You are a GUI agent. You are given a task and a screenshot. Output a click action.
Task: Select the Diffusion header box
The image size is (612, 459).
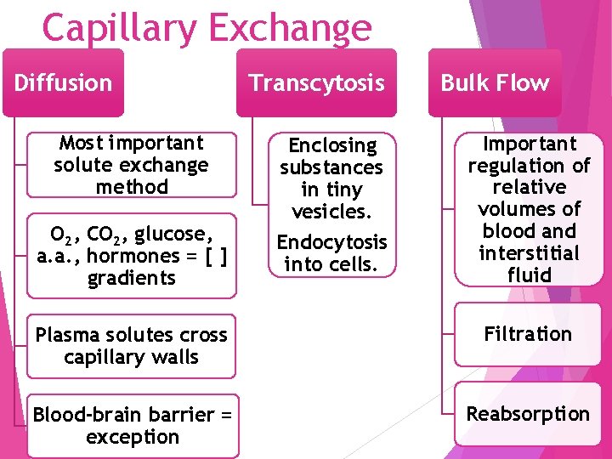coord(64,82)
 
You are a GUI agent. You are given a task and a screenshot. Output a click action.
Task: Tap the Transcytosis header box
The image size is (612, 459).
coord(316,82)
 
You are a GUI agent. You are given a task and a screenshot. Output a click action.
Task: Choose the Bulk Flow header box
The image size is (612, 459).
coord(494,82)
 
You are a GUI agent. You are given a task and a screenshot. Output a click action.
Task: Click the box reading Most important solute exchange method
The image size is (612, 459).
coord(131,165)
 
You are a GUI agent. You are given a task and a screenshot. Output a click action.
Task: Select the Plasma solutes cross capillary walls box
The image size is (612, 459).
coord(131,346)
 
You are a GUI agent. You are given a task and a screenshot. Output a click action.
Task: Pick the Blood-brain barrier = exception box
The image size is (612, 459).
coord(133,426)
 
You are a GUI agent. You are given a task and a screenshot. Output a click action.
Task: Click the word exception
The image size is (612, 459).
coord(133,437)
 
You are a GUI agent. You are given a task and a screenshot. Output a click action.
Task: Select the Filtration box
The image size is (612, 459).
coord(527,334)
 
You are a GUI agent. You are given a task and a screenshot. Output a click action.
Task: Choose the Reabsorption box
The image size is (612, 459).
coord(527,414)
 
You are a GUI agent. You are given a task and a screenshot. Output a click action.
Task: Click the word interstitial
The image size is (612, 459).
coord(529,253)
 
